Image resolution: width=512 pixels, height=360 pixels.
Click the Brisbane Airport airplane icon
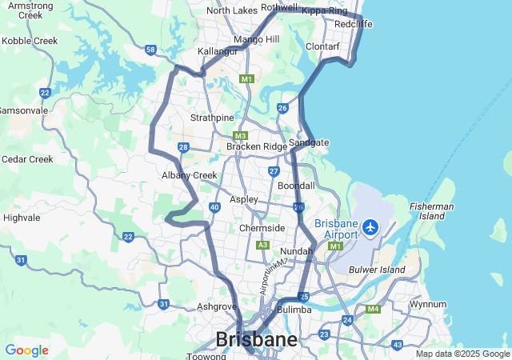370,227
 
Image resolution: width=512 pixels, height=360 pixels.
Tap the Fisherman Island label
432,211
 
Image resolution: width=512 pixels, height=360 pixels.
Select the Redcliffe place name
354,24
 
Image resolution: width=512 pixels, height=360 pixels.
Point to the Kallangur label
219,51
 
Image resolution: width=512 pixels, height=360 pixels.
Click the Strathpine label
213,118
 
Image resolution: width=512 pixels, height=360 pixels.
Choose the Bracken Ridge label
256,146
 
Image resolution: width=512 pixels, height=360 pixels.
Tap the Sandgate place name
309,142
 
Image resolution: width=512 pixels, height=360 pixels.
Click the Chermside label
262,228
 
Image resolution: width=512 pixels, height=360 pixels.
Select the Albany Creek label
190,175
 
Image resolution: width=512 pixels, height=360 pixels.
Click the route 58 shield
151,50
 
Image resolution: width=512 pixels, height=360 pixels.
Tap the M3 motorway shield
241,136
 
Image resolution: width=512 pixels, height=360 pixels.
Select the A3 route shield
262,245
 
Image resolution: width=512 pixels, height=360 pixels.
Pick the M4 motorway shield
373,310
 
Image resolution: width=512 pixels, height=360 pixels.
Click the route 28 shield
183,147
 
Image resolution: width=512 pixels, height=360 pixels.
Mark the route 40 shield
215,207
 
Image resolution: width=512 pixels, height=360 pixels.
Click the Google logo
26,350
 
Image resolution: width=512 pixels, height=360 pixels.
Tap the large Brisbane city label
256,339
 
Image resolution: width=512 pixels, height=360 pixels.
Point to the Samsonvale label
22,110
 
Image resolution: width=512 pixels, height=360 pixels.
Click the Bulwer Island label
377,270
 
